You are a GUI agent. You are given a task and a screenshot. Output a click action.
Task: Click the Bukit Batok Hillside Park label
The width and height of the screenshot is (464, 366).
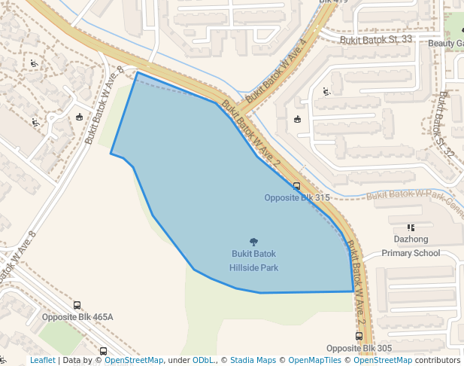point(254,261)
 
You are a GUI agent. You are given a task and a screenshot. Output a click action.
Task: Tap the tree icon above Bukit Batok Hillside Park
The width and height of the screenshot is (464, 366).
point(253,242)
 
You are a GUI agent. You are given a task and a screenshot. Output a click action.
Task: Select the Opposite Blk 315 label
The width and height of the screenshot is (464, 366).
point(297,197)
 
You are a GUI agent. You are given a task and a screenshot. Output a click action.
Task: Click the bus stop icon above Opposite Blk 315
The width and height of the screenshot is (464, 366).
point(296,185)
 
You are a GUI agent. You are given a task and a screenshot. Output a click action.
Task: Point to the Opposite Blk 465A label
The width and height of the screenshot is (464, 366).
point(77,317)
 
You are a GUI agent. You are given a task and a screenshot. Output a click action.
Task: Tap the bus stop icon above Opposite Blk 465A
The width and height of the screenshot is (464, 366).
point(77,306)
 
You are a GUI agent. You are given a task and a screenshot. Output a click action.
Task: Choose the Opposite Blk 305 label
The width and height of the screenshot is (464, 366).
point(359,348)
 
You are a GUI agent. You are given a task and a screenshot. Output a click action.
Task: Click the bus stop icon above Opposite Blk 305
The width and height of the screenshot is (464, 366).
point(359,337)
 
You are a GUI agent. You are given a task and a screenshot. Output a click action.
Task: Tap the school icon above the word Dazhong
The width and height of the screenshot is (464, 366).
point(411,227)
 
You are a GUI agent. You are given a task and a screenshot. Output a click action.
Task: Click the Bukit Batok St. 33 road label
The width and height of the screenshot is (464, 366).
point(376,39)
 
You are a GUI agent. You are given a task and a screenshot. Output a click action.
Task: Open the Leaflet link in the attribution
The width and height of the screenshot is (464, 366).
point(42,360)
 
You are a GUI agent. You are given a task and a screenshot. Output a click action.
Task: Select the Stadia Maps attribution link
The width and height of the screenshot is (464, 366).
point(253,360)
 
